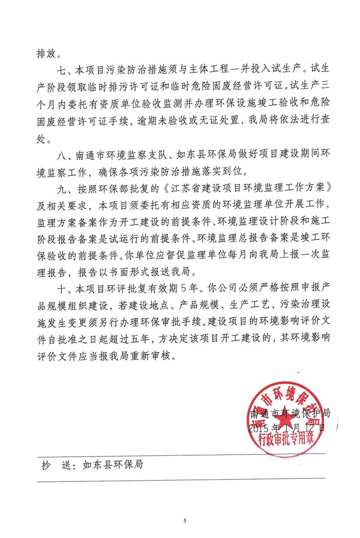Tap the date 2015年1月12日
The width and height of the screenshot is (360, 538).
287,427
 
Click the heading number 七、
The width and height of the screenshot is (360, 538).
66,69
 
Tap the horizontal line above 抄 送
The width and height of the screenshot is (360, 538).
180,453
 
